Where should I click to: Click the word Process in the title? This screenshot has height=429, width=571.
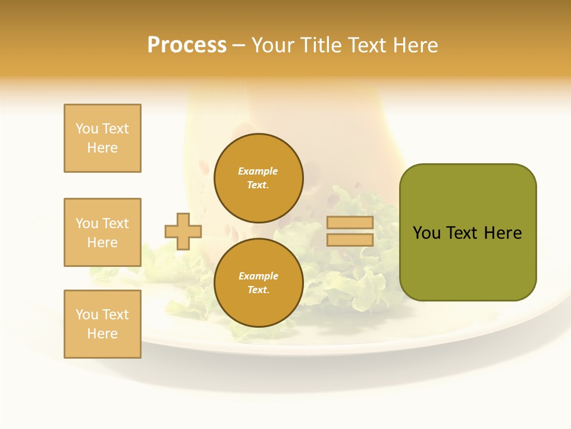(x=187, y=45)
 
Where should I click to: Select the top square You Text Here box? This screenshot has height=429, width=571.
(x=102, y=138)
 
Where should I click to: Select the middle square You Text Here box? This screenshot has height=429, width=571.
(x=102, y=232)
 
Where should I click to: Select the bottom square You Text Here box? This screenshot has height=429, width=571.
(x=102, y=324)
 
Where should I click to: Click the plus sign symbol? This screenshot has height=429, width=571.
(x=183, y=231)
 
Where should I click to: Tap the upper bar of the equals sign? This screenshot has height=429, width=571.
(x=350, y=223)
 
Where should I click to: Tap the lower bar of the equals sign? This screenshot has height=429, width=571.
(x=350, y=240)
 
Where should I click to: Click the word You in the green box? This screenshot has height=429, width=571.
(x=426, y=233)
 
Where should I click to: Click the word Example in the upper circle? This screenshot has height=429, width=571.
(x=258, y=171)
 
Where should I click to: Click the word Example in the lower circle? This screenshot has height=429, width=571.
(x=258, y=276)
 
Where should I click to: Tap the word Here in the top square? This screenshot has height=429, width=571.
(x=102, y=148)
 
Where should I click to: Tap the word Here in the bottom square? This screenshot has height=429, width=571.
(x=102, y=334)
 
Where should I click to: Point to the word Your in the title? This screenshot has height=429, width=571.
(x=272, y=45)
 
